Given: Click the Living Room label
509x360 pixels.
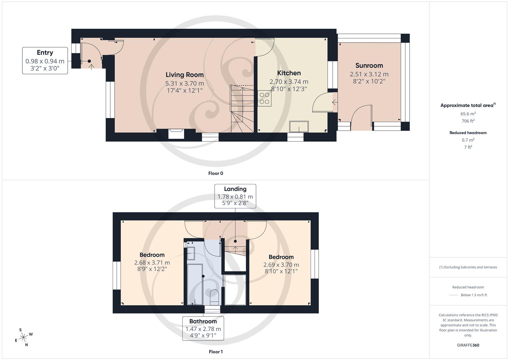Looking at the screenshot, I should (x=184, y=75).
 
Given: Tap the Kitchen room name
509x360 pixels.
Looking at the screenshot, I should (x=289, y=73).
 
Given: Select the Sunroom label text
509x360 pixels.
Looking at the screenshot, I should (x=369, y=66).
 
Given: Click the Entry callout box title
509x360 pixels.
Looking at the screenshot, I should (x=45, y=53).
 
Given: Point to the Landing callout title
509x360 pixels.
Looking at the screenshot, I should (x=235, y=189).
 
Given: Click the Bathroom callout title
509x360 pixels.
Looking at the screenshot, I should (x=203, y=321).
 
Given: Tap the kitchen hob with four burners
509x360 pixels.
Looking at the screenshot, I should (x=264, y=98).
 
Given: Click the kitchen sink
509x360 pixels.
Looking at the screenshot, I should (x=299, y=127).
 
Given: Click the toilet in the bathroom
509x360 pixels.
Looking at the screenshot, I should (x=214, y=296).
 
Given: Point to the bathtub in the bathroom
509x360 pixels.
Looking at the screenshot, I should (x=195, y=284).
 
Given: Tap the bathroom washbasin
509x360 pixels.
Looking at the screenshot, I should (x=191, y=253).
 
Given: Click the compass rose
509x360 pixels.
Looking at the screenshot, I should (x=23, y=337).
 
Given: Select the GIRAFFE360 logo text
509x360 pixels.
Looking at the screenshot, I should (x=468, y=345).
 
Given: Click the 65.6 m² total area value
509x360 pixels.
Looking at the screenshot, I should (x=468, y=114).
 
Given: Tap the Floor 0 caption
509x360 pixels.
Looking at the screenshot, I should (x=216, y=173).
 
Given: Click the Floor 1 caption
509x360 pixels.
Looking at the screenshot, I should (x=216, y=352).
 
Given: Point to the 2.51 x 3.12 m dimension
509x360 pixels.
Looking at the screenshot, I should (x=369, y=74).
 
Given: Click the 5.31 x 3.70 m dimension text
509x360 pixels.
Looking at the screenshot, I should (x=184, y=83).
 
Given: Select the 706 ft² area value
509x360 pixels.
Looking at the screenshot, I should (x=468, y=121).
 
